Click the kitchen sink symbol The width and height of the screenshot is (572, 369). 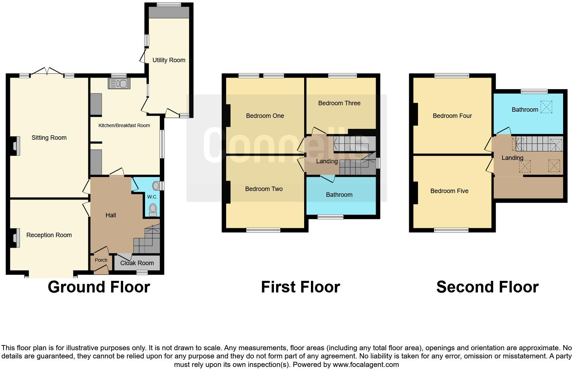(x=119, y=83)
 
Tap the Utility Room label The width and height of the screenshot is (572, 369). (x=169, y=60)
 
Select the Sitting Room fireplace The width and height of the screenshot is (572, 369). (x=15, y=146)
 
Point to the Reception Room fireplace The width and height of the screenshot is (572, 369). (x=15, y=238)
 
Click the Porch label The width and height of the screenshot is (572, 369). (x=101, y=260)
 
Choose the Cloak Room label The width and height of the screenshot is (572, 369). (x=137, y=263)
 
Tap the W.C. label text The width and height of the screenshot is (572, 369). (x=152, y=197)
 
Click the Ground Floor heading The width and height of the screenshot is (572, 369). (x=99, y=287)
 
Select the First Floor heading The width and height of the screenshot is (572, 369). (x=301, y=287)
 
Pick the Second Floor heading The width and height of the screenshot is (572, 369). (x=487, y=287)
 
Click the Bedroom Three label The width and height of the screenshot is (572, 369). (x=339, y=103)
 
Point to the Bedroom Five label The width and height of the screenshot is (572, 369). (x=450, y=191)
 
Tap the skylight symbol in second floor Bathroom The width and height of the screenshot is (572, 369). (x=546, y=107)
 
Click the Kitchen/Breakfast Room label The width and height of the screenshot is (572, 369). (x=124, y=125)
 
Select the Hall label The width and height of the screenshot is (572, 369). (x=111, y=215)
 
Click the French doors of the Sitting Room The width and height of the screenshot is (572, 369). (x=47, y=72)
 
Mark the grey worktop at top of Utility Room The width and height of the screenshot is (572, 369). (x=169, y=12)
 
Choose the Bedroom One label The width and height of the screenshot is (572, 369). (x=265, y=116)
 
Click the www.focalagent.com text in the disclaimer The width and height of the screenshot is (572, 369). (x=366, y=365)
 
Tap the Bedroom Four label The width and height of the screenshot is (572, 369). (x=452, y=116)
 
